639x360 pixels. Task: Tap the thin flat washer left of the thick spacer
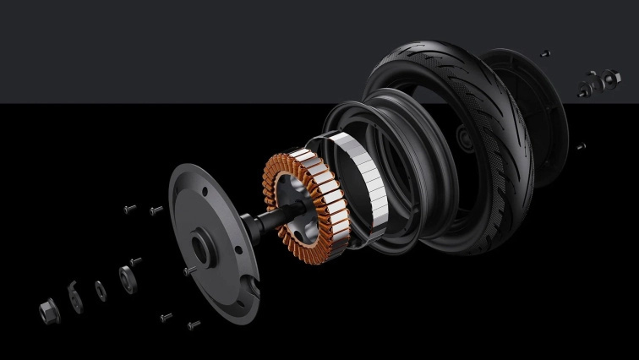click(x=101, y=290)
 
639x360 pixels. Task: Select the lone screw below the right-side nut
click(x=581, y=146)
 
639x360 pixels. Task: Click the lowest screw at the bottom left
click(x=194, y=325)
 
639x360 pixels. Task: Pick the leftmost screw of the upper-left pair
click(x=129, y=208)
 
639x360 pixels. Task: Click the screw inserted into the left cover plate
click(x=188, y=271)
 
